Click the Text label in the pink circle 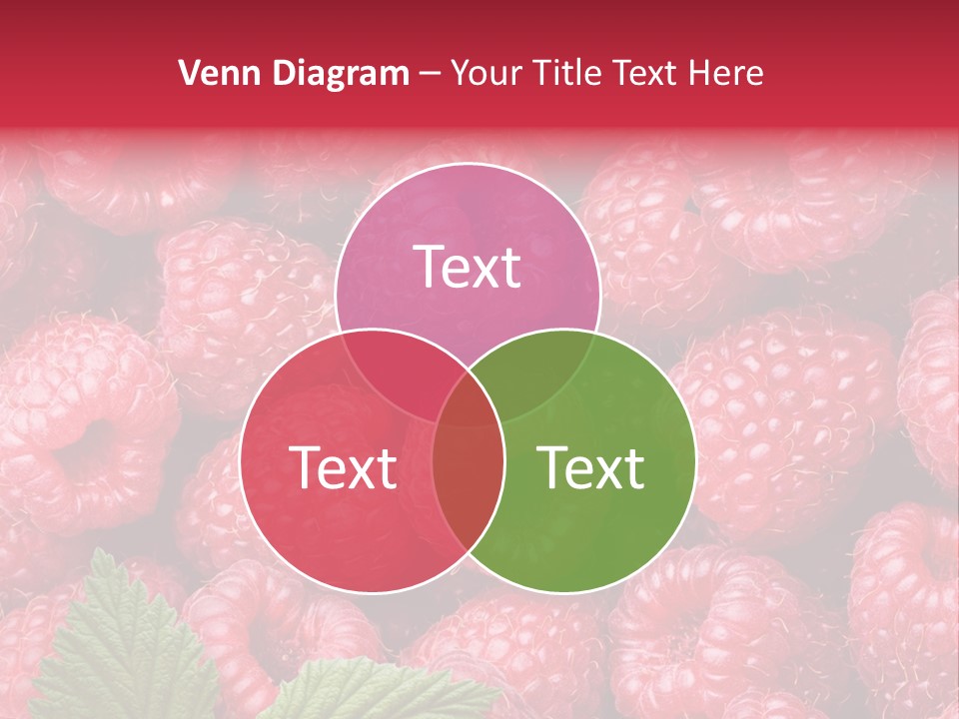pos(468,267)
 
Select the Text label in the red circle pos(343,467)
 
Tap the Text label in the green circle pos(590,467)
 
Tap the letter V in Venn pos(189,73)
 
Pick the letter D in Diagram pos(289,73)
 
